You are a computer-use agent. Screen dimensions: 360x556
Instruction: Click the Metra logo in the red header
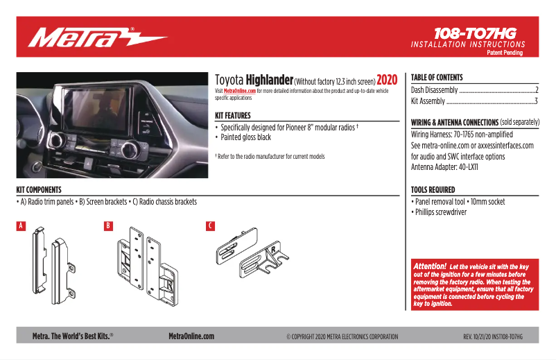tap(98, 37)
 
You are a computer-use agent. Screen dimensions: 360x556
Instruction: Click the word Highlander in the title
tap(270, 81)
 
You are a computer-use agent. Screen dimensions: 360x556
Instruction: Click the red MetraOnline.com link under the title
tap(240, 91)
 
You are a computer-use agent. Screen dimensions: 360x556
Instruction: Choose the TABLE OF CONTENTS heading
tap(437, 78)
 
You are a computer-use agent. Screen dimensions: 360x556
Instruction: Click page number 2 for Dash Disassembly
tap(537, 91)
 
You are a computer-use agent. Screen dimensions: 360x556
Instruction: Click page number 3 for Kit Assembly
tap(537, 101)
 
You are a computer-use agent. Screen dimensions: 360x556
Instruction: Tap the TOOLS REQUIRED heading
tap(433, 189)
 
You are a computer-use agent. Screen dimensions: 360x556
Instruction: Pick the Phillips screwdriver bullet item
tap(440, 212)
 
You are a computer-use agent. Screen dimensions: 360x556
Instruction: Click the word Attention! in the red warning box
tap(430, 266)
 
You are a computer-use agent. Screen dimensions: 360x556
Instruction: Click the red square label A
tap(21, 226)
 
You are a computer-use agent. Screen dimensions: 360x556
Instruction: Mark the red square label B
tap(108, 226)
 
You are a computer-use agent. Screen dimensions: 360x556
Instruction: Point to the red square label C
tap(210, 226)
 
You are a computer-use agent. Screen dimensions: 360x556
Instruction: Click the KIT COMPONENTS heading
tap(39, 189)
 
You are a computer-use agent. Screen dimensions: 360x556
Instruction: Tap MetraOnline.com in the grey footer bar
tap(191, 336)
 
